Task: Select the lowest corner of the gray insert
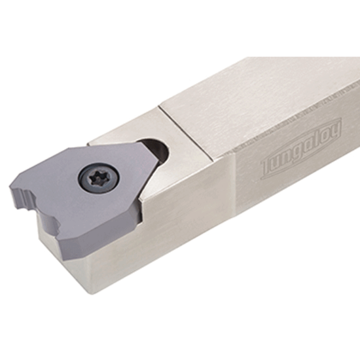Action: pos(68,242)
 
